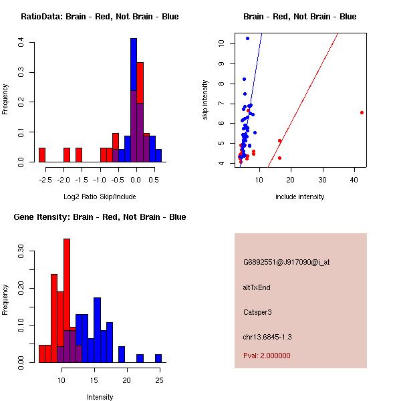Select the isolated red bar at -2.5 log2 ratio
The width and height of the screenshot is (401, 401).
[x=42, y=155]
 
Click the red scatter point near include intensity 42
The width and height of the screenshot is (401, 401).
[x=362, y=112]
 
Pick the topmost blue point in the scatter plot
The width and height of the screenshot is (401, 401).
[x=247, y=39]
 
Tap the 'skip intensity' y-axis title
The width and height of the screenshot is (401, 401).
[x=205, y=100]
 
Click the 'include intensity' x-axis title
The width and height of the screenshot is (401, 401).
[x=299, y=196]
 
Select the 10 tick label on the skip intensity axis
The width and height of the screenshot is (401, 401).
[x=222, y=43]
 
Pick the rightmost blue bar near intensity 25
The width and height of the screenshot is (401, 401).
[x=158, y=358]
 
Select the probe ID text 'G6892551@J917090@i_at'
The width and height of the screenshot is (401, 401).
[x=286, y=262]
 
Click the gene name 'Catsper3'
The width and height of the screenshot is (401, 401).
[x=258, y=312]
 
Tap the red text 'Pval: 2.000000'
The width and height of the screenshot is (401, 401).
[x=267, y=356]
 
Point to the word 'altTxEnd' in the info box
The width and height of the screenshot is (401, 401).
[x=257, y=287]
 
